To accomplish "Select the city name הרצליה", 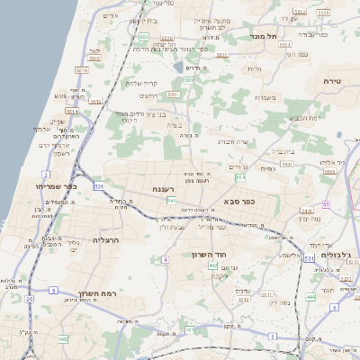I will pos(106,240).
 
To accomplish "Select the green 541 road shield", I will pos(171,200).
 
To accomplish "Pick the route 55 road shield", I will pos(326,205).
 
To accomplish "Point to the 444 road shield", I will pos(310,296).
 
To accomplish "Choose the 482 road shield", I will pos(63,338).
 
